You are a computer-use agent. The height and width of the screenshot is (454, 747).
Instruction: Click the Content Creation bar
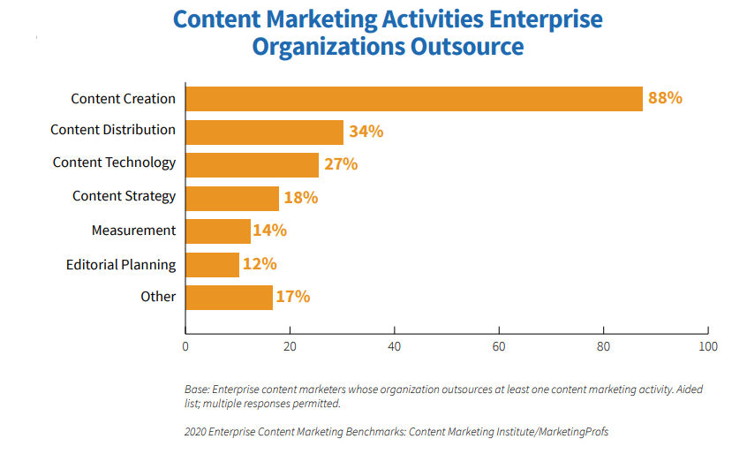click(413, 99)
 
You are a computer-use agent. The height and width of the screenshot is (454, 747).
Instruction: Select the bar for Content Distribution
click(264, 132)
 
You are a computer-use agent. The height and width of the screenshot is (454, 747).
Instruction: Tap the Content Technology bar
click(252, 165)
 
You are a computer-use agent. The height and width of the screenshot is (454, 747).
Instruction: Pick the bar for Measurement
click(217, 231)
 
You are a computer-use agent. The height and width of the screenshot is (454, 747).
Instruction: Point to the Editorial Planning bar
click(212, 265)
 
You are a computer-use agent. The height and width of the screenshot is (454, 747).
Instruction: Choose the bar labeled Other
click(229, 297)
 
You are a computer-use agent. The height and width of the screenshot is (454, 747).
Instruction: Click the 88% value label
click(665, 98)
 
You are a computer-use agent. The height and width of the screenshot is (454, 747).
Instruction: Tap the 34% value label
click(366, 132)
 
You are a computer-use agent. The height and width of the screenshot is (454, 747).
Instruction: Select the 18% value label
click(300, 198)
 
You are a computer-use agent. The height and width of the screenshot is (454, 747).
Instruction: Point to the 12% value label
click(260, 264)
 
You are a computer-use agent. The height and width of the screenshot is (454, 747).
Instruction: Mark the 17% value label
click(292, 297)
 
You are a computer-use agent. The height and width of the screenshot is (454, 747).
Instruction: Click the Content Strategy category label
click(124, 196)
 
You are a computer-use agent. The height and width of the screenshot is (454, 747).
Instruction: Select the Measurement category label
click(133, 231)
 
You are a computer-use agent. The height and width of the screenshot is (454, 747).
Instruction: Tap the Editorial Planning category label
click(121, 264)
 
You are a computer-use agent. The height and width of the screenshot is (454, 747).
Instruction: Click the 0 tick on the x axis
click(185, 347)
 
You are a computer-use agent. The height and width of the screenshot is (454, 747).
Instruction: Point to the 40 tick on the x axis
click(395, 347)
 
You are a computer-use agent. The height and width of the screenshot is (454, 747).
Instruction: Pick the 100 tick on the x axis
click(707, 347)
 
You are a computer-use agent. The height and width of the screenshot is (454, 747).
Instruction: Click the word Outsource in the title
click(467, 46)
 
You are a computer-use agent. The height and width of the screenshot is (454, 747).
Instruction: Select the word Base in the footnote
click(198, 390)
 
